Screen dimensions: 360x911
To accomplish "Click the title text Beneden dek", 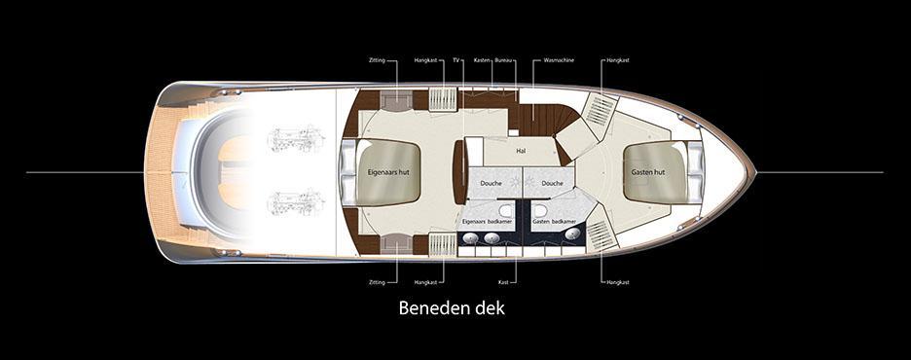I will pyautogui.click(x=453, y=308).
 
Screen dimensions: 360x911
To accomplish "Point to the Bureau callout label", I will pyautogui.click(x=503, y=60).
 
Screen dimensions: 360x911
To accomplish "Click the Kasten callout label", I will pyautogui.click(x=482, y=60).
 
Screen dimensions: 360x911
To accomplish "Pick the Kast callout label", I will pyautogui.click(x=503, y=282).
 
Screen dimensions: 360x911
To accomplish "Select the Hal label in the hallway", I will pyautogui.click(x=521, y=151).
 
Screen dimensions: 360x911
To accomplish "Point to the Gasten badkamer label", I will pyautogui.click(x=555, y=222).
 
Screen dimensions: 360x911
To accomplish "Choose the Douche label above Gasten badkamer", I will pyautogui.click(x=552, y=184).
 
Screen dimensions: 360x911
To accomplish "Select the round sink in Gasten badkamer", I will pyautogui.click(x=569, y=234).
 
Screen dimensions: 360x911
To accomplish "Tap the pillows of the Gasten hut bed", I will pyautogui.click(x=695, y=171).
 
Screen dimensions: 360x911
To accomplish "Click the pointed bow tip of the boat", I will pyautogui.click(x=753, y=172).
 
